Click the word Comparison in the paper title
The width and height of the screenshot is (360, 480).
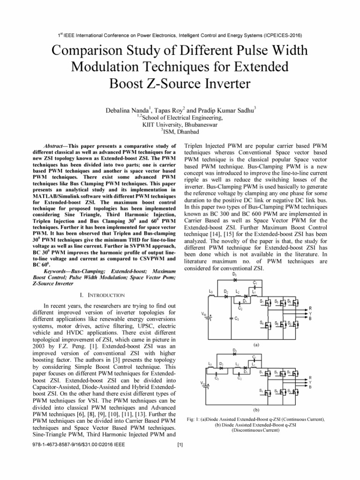coord(87,50)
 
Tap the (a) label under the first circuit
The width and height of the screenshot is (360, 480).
coord(256,344)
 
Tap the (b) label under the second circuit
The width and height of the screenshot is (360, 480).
coord(256,409)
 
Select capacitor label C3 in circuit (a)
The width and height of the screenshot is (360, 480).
coord(237,319)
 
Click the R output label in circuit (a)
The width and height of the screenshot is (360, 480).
coord(309,307)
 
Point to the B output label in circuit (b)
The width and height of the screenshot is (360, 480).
coord(309,387)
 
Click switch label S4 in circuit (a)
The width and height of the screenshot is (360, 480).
coord(261,323)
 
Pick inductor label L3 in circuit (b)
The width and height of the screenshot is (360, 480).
coord(210,363)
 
